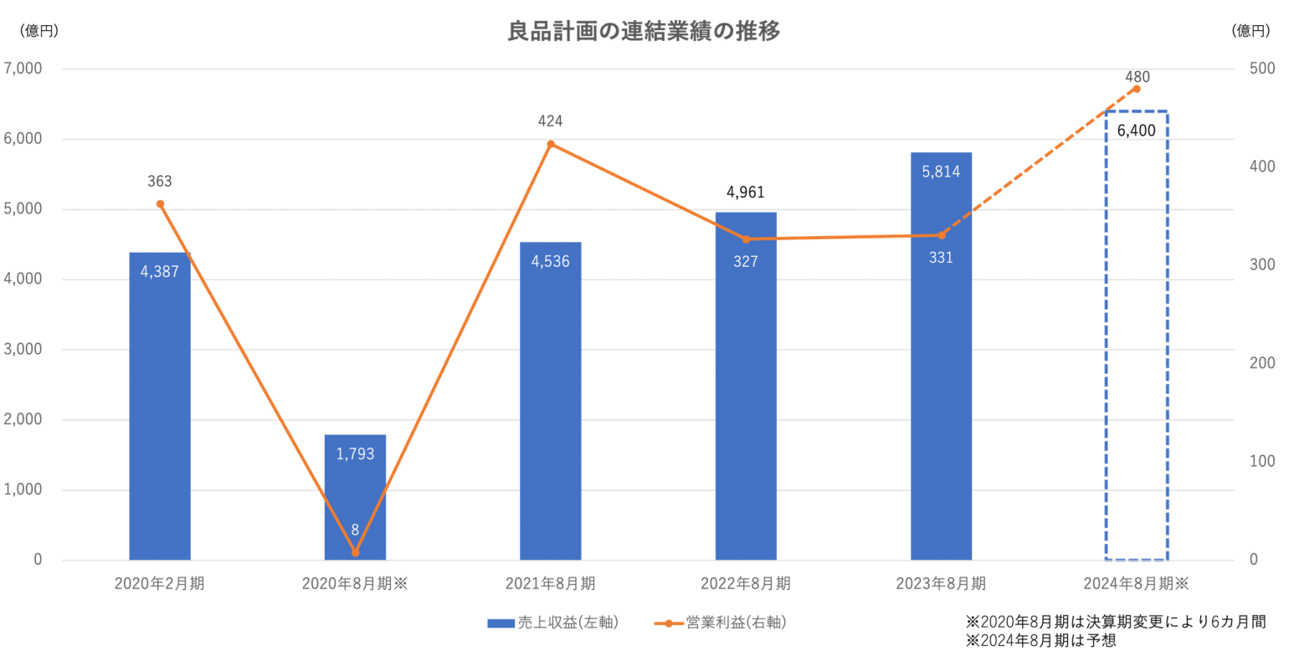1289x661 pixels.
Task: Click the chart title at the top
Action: [644, 32]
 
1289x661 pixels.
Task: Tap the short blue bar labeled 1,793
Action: [355, 494]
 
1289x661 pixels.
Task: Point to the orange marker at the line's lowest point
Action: [355, 552]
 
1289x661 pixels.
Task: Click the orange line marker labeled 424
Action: [550, 144]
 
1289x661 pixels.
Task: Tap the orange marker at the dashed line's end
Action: [1137, 88]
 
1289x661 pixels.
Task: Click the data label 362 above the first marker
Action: [159, 181]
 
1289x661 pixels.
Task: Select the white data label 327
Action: [745, 261]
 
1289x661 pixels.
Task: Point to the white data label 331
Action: [941, 258]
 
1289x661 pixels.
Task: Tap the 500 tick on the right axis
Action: [1261, 69]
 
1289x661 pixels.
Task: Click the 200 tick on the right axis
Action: [1261, 362]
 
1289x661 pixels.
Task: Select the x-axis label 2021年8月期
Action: [550, 583]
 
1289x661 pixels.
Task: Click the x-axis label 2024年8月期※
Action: [1137, 583]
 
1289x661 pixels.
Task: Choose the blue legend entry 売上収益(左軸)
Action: [552, 623]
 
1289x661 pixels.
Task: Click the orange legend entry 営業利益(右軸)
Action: [719, 623]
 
